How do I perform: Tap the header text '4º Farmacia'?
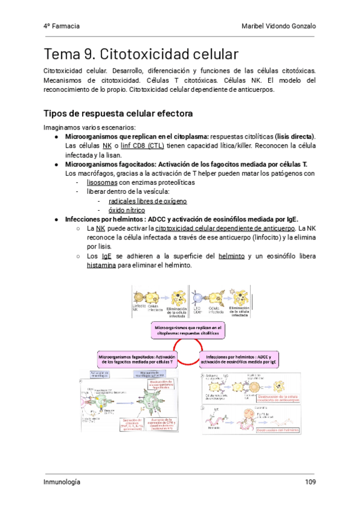click(x=61, y=26)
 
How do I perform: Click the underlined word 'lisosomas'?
click(x=102, y=181)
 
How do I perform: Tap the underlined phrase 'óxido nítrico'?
click(x=126, y=210)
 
